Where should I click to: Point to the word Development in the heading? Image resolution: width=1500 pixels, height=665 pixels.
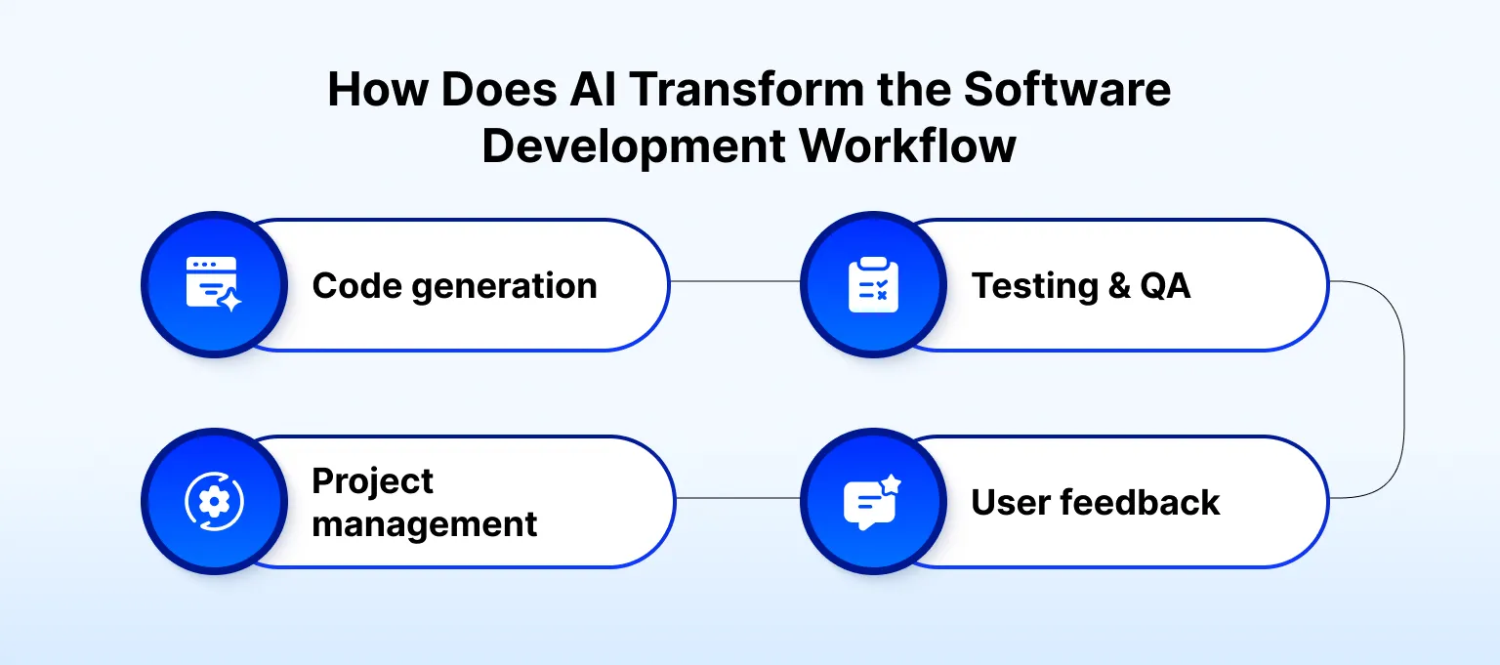633,146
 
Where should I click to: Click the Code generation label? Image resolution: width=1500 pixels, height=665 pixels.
454,286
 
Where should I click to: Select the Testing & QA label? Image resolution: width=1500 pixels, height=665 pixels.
1080,286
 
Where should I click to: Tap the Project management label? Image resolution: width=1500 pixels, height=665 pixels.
424,503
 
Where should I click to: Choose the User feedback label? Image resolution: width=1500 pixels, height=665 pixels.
1095,503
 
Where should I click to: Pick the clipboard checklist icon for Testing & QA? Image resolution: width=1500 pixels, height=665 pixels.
872,284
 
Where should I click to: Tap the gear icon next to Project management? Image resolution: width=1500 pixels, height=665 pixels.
214,502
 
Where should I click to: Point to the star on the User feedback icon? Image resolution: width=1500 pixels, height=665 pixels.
890,484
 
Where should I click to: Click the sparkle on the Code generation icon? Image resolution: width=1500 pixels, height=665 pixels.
230,302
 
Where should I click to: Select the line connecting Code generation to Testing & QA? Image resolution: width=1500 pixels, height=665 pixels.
734,282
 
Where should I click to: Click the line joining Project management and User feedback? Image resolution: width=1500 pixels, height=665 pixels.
737,498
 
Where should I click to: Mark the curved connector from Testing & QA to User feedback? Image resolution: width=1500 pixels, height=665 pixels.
1403,391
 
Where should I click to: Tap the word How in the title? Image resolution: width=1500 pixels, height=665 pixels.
377,90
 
